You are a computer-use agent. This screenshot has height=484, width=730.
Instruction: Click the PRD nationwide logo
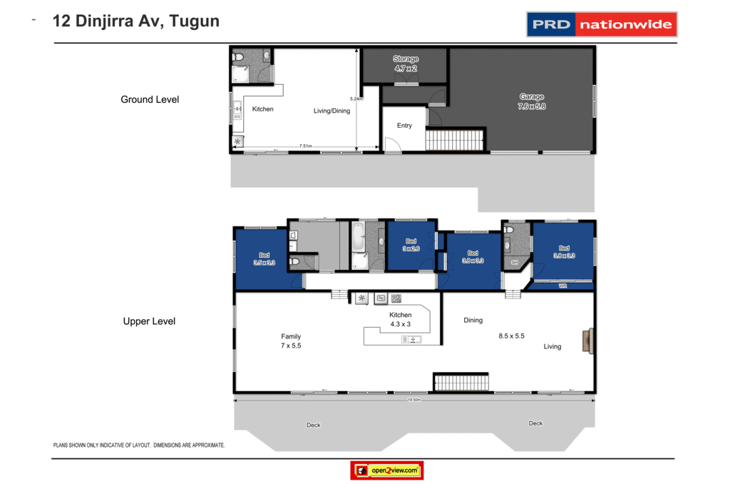point(601,24)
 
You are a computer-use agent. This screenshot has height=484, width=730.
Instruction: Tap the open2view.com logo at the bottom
point(387,470)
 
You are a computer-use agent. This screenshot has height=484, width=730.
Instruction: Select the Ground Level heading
point(150,99)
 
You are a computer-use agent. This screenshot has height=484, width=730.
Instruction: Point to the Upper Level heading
point(149,321)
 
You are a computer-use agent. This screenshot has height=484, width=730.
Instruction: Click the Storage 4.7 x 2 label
point(406,64)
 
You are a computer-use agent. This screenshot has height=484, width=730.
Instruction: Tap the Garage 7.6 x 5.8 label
point(531,101)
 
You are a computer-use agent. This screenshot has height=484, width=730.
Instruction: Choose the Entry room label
point(404,126)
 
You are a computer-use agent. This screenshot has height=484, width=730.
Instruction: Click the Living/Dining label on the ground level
point(332,111)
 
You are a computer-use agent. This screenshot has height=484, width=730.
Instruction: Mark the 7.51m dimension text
point(305,146)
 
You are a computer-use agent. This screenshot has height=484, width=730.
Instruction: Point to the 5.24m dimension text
point(356,99)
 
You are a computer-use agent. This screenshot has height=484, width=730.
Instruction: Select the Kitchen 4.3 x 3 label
point(400,319)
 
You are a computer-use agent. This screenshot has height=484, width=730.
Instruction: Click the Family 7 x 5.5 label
point(291,341)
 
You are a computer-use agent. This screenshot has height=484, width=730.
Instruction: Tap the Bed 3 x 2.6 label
point(411,245)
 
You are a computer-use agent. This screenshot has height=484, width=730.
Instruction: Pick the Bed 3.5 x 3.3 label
point(264,259)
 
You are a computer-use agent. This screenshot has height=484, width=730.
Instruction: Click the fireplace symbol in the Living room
point(587,338)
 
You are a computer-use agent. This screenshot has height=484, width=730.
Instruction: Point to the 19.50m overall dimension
point(414,400)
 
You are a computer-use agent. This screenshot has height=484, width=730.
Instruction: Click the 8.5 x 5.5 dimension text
point(511,336)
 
